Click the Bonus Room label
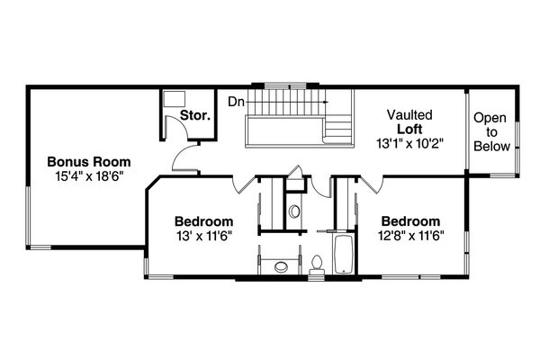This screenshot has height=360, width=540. [87, 162]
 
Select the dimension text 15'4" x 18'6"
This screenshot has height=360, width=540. [87, 176]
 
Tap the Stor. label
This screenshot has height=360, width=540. [195, 116]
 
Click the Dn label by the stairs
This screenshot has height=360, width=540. [235, 102]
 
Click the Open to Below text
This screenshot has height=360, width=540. [491, 131]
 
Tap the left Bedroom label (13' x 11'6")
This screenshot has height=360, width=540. [204, 221]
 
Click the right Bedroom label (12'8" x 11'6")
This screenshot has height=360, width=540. [410, 221]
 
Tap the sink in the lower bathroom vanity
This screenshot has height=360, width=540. [282, 265]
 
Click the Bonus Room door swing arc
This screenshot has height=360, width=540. [186, 159]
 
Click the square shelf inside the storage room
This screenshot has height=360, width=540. [174, 99]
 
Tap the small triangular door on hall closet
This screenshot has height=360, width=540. [295, 172]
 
